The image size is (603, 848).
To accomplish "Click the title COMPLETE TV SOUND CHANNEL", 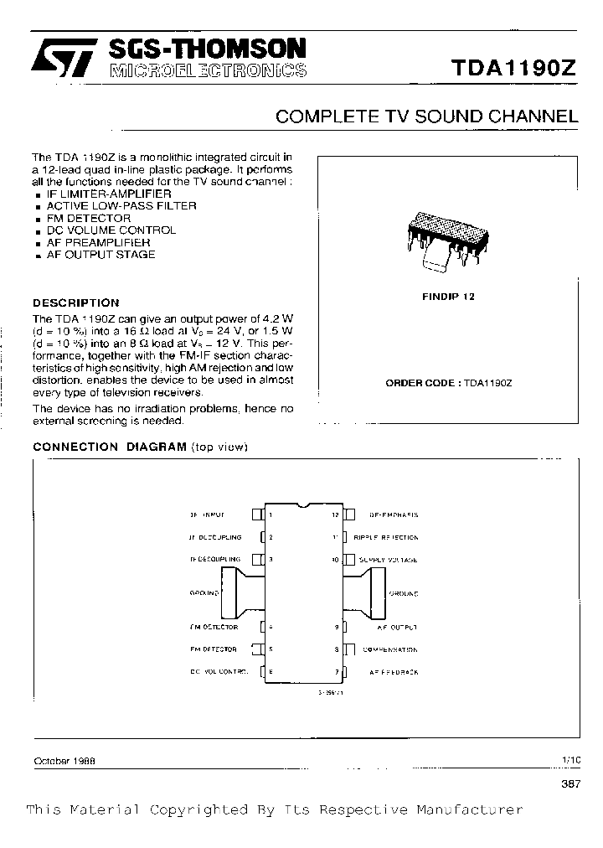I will pos(426,117).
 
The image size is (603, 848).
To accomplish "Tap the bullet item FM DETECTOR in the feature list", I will pos(89,218).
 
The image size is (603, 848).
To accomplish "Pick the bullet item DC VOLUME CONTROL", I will pos(111,230).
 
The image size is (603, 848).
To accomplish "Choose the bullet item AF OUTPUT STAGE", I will pos(100,254).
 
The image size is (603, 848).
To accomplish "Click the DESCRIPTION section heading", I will pos(75,302).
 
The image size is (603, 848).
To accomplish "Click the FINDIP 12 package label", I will pos(447,297).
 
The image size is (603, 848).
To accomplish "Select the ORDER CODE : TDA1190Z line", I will pos(448,382).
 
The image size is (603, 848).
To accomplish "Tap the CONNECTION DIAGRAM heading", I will pos(109,447).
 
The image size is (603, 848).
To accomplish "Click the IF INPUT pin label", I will pos(207,514).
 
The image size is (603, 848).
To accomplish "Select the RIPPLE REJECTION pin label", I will pos(385,537).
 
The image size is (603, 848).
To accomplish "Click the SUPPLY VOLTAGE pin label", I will pos(388,559).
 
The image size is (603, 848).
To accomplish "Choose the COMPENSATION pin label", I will pos(389,649).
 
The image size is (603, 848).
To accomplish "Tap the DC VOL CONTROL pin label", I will pos(219,672).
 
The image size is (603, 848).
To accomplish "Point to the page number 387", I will pos(569,783).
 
